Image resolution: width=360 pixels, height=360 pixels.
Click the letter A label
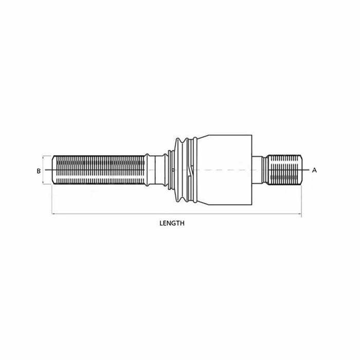[314, 170]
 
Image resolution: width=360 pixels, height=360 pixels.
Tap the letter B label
[39, 170]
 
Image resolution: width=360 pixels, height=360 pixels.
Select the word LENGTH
[172, 224]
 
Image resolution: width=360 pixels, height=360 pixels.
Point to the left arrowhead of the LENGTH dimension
[53, 213]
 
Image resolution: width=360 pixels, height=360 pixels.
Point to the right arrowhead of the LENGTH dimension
[300, 213]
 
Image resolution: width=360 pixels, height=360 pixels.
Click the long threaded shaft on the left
[98, 170]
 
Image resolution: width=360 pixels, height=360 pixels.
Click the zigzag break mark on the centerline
[192, 170]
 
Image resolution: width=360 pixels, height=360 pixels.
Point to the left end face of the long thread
[52, 170]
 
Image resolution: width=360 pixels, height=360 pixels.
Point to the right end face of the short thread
[302, 170]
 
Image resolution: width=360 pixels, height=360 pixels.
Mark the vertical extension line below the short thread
[302, 201]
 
